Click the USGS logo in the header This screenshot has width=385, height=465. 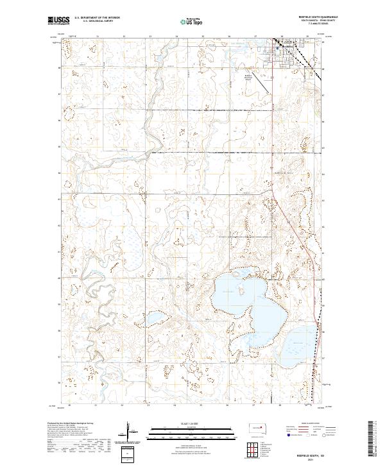pyautogui.click(x=58, y=21)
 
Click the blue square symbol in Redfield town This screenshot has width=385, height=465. pyautogui.click(x=277, y=47)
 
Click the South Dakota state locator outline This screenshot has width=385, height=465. pyautogui.click(x=257, y=428)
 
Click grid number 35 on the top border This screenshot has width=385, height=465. pyautogui.click(x=202, y=37)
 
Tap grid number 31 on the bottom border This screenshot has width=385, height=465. pyautogui.click(x=96, y=405)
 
